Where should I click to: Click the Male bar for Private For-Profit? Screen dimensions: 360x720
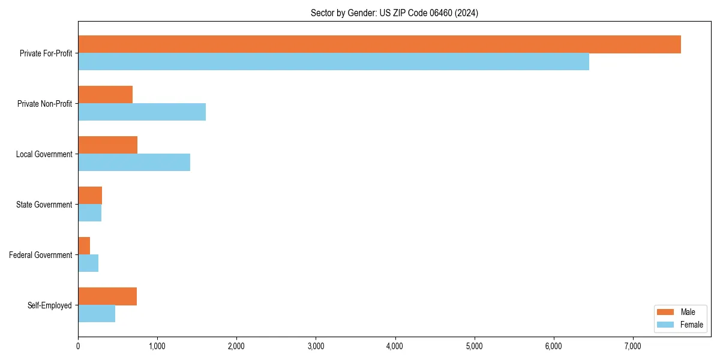pos(379,44)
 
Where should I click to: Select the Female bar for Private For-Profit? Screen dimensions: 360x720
pos(334,62)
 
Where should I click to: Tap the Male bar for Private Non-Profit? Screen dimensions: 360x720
pos(105,95)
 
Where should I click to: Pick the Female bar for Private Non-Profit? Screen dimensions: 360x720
pos(142,112)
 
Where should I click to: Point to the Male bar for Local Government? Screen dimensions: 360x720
pos(107,145)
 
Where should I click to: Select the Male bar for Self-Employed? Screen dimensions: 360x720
pos(107,296)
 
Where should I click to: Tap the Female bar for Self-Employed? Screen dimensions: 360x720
pos(97,314)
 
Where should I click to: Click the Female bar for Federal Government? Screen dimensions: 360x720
pos(88,263)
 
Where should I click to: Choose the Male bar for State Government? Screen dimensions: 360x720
pos(90,196)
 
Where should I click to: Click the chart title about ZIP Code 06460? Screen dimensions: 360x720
pos(394,13)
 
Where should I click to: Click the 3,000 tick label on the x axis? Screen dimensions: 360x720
pos(316,346)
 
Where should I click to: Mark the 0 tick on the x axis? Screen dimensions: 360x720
pos(78,346)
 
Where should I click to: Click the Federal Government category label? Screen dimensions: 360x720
pos(40,255)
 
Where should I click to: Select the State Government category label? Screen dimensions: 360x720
pos(44,205)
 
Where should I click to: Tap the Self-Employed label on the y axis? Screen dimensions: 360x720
pos(49,305)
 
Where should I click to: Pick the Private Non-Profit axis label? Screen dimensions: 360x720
pos(44,104)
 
